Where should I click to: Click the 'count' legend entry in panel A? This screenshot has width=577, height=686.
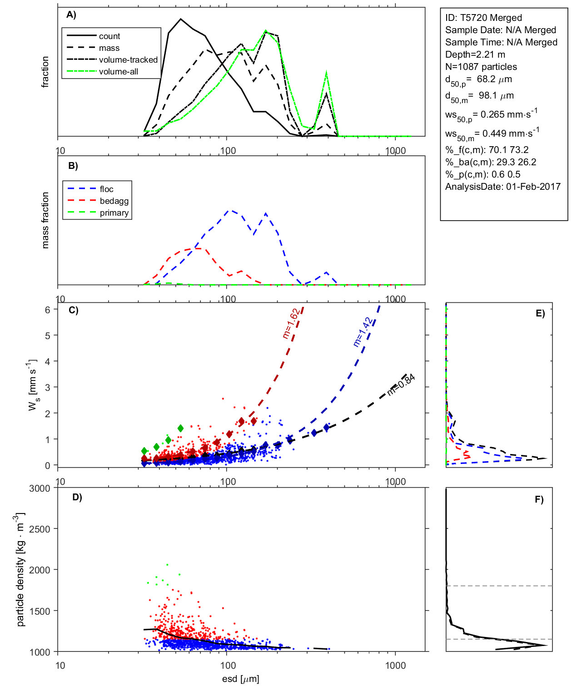click(109, 36)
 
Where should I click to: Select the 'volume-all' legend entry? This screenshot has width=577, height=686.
click(119, 72)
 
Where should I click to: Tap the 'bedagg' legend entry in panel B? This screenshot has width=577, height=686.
click(114, 201)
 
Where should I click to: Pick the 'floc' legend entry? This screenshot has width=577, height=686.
click(107, 189)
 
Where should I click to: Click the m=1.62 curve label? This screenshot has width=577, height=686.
click(290, 324)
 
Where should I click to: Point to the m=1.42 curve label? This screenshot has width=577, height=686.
click(363, 332)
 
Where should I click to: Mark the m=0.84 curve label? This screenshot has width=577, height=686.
click(401, 385)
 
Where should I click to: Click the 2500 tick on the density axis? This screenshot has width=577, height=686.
click(40, 529)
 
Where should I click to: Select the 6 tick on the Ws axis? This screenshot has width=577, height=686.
click(47, 310)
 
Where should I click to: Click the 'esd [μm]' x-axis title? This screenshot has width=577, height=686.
click(241, 679)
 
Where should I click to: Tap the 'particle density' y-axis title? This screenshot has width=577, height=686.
click(20, 570)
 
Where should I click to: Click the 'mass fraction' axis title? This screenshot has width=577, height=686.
click(45, 220)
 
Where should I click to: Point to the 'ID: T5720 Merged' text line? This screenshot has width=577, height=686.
click(483, 18)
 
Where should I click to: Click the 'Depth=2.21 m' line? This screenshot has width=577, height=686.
click(475, 54)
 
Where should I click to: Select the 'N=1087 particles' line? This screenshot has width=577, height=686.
click(481, 67)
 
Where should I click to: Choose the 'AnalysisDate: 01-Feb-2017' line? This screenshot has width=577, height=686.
click(502, 187)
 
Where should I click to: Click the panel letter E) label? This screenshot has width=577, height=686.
click(540, 313)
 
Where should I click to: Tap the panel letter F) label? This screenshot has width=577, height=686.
click(539, 499)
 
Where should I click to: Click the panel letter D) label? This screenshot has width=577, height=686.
click(77, 497)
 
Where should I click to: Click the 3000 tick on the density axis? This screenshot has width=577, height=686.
click(40, 489)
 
